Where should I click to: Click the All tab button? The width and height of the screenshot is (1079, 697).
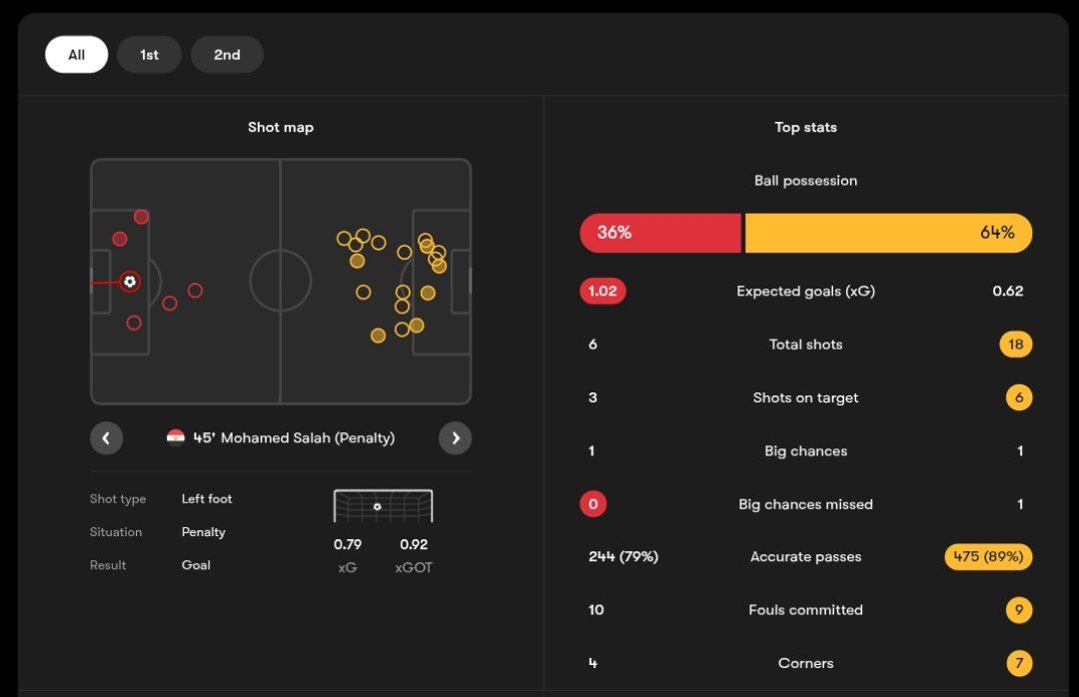(76, 55)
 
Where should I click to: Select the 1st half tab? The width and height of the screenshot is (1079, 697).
(149, 55)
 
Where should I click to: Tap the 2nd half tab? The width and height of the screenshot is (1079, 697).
(227, 55)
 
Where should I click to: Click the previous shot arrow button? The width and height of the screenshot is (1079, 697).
(106, 437)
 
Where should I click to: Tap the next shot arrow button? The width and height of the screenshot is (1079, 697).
(456, 437)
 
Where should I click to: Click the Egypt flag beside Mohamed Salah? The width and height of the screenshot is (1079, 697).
(176, 437)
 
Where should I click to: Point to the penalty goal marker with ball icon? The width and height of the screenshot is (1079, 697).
(129, 282)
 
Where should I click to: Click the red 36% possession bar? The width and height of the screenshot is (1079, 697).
(660, 233)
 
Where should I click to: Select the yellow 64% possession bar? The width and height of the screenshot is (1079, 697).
(888, 233)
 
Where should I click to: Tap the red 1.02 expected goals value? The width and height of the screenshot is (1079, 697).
(602, 292)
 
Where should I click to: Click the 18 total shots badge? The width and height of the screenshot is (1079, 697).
(1015, 345)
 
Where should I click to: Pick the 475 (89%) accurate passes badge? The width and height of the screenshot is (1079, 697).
(988, 557)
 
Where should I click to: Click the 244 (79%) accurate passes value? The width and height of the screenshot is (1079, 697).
(623, 557)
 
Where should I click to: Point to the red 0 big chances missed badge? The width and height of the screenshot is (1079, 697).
(592, 504)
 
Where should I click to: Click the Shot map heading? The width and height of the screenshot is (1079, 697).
(281, 127)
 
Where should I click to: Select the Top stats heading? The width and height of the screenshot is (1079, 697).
(805, 127)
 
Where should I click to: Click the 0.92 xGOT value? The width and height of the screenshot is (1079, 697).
(414, 544)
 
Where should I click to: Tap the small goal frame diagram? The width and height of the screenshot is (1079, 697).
(383, 505)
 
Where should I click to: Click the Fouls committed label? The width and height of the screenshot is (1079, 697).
(805, 610)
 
